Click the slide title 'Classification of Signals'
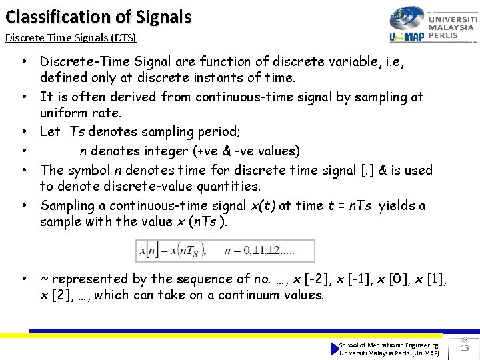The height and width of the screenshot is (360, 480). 98,17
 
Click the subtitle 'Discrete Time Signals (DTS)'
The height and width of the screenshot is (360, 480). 71,37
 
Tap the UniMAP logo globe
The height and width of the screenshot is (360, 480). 407,18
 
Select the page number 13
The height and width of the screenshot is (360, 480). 465,347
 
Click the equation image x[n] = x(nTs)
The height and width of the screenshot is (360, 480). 225,251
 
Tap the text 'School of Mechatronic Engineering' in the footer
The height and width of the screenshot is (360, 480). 389,345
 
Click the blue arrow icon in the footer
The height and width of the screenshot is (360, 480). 335,349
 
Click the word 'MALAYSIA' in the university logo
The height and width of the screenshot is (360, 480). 451,27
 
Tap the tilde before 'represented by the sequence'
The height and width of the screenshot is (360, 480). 44,279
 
